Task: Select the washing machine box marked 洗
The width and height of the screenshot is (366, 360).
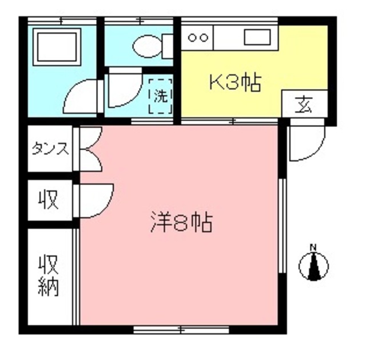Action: tap(161, 95)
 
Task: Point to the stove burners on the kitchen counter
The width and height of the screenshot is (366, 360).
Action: tap(198, 38)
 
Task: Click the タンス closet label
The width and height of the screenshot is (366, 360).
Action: tap(50, 149)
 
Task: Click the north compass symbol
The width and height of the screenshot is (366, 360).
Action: tap(313, 265)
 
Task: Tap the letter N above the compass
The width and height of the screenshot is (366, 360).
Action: tap(313, 247)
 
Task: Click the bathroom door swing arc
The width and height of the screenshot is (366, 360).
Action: tap(82, 96)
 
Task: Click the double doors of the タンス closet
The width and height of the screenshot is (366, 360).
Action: tap(90, 149)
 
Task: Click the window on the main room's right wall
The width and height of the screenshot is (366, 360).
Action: tap(281, 226)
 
